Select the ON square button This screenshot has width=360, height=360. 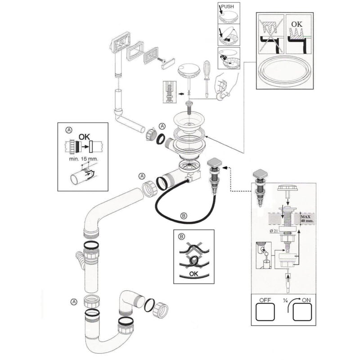tap(302, 311)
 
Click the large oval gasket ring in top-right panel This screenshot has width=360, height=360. tap(283, 72)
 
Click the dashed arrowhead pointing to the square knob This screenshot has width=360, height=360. tap(225, 167)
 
